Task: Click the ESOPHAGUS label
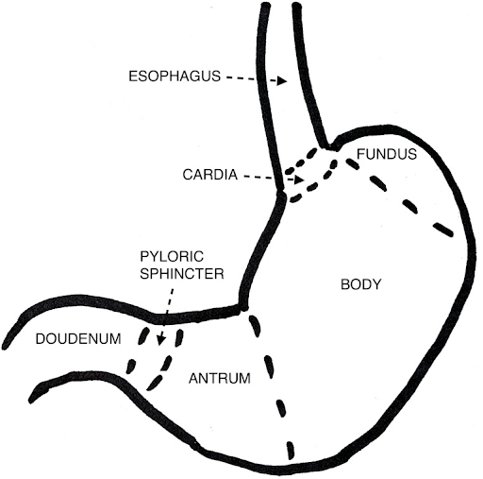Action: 175,77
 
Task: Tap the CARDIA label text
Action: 210,175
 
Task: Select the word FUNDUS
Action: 387,154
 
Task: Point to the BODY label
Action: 361,284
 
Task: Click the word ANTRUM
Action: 220,378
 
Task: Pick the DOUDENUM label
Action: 78,339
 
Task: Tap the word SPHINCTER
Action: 182,274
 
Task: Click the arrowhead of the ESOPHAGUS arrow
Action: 282,81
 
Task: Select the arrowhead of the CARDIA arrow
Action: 299,180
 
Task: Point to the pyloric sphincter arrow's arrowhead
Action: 161,340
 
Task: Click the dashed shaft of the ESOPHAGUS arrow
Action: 252,78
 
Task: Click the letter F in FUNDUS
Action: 360,154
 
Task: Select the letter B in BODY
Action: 345,284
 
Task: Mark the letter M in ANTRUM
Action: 245,378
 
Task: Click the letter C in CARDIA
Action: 188,175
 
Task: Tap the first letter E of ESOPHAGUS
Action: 133,77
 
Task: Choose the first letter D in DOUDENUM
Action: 41,339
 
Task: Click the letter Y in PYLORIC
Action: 154,257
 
